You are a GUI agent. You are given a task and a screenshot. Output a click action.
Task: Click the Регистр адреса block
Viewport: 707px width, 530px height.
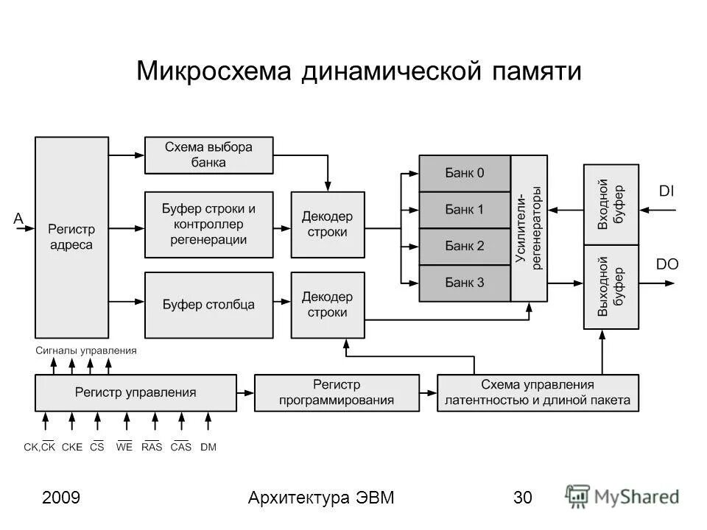coord(71,237)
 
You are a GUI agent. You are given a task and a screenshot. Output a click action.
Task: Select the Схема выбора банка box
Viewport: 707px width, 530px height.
coord(208,155)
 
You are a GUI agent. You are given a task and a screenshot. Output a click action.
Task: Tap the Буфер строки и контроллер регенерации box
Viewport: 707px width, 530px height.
coord(208,224)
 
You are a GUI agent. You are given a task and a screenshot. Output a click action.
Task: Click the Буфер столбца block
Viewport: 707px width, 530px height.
coord(208,304)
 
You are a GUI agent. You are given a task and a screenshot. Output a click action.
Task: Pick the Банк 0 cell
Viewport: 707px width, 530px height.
coord(465,173)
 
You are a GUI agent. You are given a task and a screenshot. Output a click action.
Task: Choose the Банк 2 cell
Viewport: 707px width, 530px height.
coord(465,246)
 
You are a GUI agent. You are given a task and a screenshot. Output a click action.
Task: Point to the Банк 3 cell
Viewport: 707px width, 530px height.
coord(465,282)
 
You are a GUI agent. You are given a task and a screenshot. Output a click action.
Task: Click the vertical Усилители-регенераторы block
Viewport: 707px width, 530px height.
coord(529,228)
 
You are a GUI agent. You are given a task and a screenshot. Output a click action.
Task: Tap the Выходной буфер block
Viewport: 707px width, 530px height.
coord(611,288)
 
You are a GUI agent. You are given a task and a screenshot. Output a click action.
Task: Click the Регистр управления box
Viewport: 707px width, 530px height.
coord(136,392)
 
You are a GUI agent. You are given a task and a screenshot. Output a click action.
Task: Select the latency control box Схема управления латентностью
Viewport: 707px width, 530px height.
coord(538,392)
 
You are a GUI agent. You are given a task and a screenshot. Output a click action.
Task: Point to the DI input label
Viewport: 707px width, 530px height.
coord(666,191)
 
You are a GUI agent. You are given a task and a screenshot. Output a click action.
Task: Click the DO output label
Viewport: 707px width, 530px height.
coord(667,264)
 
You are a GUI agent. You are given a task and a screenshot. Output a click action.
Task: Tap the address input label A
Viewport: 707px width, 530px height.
coord(18,218)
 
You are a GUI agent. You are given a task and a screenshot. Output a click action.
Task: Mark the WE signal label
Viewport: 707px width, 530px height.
coord(124,447)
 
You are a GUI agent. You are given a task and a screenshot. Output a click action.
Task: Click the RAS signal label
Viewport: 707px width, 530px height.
coord(152,447)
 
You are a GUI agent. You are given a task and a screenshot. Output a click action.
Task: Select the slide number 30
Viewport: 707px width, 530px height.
coord(523,498)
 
